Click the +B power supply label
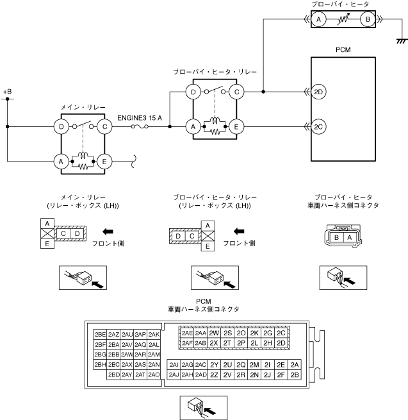click(x=7, y=92)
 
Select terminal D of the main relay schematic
click(x=61, y=127)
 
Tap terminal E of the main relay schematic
click(x=104, y=161)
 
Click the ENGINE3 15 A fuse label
click(x=139, y=118)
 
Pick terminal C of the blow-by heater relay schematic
click(x=236, y=92)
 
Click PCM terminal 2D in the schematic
click(x=319, y=92)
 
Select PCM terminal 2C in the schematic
click(x=319, y=126)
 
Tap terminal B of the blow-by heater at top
click(x=367, y=20)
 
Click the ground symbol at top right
click(x=401, y=41)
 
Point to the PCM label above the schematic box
click(x=343, y=49)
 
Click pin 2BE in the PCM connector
click(x=100, y=334)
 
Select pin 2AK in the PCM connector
click(x=154, y=334)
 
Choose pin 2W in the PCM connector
click(x=214, y=333)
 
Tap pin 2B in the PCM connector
click(x=294, y=374)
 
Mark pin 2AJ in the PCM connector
click(x=173, y=374)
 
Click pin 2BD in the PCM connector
click(x=114, y=374)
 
